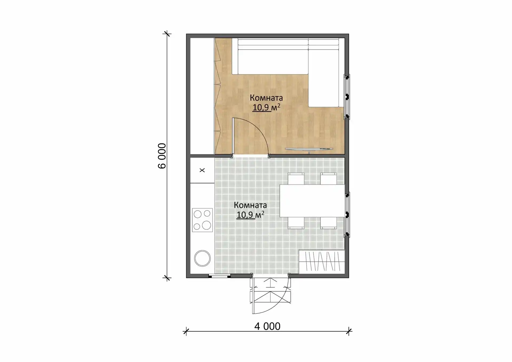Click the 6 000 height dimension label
point(162,156)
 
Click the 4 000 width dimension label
point(267,326)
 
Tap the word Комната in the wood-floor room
point(266,98)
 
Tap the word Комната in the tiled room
point(250,205)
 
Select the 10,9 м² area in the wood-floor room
point(266,107)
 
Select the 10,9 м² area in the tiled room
point(250,214)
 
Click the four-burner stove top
point(202,220)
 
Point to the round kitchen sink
point(202,258)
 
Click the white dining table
point(312,201)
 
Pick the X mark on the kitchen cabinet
point(202,170)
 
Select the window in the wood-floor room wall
point(347,96)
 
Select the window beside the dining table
point(347,214)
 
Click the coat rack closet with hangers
point(322,261)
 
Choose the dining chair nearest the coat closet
point(329,223)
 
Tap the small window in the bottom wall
point(219,276)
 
